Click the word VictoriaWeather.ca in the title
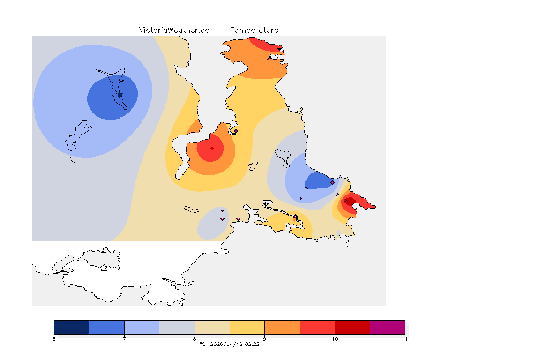[x=174, y=30]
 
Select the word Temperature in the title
[x=254, y=30]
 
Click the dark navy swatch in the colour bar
[x=71, y=327]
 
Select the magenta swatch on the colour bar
[x=388, y=327]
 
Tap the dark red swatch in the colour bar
[x=352, y=327]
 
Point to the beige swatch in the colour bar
[x=212, y=327]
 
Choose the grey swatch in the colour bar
[x=177, y=327]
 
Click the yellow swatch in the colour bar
[x=247, y=327]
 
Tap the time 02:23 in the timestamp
[x=252, y=344]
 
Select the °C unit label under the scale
[x=202, y=344]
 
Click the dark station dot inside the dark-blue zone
[x=120, y=95]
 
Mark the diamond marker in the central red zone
[x=212, y=148]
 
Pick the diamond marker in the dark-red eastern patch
[x=345, y=200]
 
